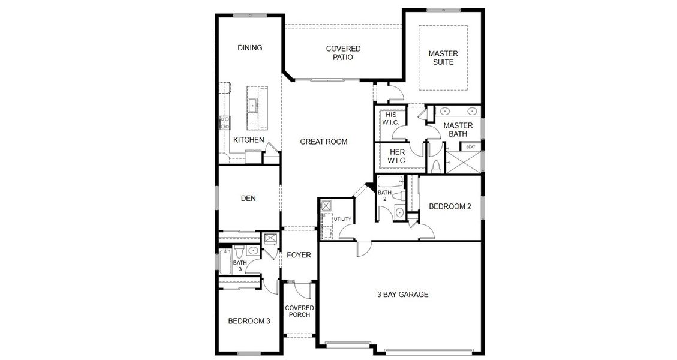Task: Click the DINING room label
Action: tap(249, 48)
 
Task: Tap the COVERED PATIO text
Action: tap(343, 53)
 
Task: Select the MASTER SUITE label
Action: tap(443, 58)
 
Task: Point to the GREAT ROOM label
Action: tap(324, 142)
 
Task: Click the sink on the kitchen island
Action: tap(253, 105)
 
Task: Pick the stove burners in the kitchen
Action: tap(225, 123)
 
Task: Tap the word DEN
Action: tap(249, 199)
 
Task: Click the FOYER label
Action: tap(299, 255)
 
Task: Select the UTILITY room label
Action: tap(342, 219)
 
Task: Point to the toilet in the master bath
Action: tap(436, 165)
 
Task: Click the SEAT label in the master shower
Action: tap(471, 146)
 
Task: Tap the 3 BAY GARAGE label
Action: tap(402, 294)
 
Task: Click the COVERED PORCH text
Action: tap(299, 311)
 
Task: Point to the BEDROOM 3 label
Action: tap(249, 321)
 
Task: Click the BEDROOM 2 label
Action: tap(450, 206)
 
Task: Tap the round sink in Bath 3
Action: tap(253, 250)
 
